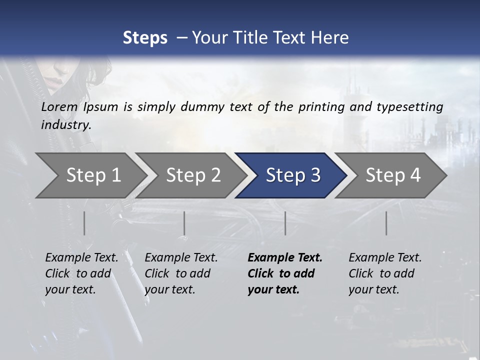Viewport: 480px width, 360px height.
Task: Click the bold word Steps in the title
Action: tap(145, 38)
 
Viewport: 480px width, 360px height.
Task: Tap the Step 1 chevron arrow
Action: tap(90, 175)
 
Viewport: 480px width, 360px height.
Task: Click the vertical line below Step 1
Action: tap(84, 223)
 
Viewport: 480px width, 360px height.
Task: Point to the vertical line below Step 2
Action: tap(184, 223)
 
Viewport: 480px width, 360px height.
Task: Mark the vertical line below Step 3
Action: tap(285, 223)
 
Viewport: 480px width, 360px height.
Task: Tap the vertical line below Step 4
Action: tap(386, 223)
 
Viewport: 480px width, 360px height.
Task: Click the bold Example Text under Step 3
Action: tap(285, 258)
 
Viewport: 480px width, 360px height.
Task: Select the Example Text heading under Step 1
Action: tap(81, 258)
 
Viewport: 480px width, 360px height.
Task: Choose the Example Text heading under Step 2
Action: tap(181, 258)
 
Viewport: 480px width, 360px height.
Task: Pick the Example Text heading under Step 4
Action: tap(385, 258)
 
